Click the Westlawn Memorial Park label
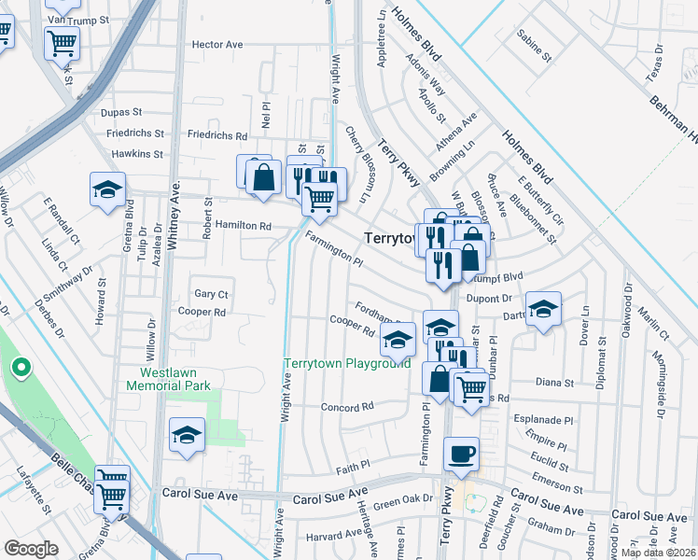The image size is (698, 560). (x=169, y=378)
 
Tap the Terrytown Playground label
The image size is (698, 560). (x=346, y=363)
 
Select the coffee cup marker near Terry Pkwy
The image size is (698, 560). (x=461, y=455)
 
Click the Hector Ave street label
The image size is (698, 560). (x=216, y=44)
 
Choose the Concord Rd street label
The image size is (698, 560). (x=346, y=407)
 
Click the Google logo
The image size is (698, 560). (x=31, y=549)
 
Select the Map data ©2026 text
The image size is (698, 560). (x=658, y=553)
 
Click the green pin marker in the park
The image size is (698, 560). (x=20, y=369)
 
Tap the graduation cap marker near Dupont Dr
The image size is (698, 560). (x=542, y=310)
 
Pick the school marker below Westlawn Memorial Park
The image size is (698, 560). (x=187, y=436)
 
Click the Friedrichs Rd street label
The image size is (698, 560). (x=216, y=135)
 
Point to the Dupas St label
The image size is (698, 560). (x=119, y=112)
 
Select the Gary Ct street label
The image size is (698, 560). (x=210, y=294)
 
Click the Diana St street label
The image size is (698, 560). (x=553, y=382)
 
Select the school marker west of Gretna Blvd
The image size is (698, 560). (x=107, y=189)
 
